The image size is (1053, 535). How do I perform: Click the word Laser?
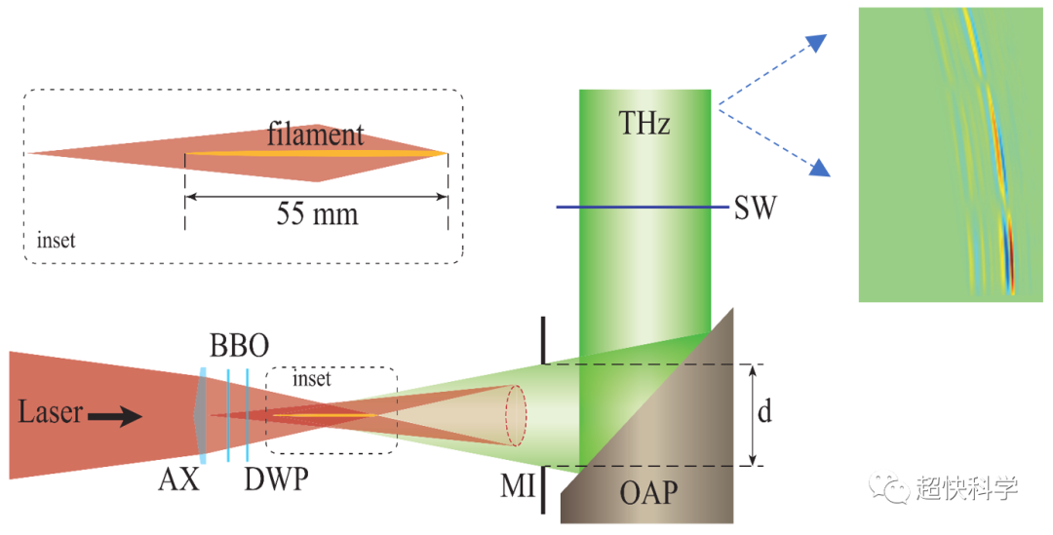pyautogui.click(x=50, y=413)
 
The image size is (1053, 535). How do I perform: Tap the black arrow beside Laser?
pyautogui.click(x=115, y=416)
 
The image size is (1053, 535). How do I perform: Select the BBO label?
pyautogui.click(x=239, y=347)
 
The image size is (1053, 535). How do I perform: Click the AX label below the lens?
pyautogui.click(x=178, y=479)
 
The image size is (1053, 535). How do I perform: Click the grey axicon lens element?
pyautogui.click(x=200, y=413)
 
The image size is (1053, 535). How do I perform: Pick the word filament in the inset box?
pyautogui.click(x=316, y=134)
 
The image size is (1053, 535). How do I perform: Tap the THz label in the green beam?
pyautogui.click(x=644, y=123)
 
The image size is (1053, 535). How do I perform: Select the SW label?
pyautogui.click(x=754, y=208)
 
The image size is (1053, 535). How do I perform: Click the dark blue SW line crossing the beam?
pyautogui.click(x=643, y=207)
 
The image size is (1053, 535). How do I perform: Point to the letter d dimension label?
pyautogui.click(x=764, y=412)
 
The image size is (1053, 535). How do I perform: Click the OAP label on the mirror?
pyautogui.click(x=647, y=493)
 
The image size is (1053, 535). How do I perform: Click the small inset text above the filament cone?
pyautogui.click(x=312, y=378)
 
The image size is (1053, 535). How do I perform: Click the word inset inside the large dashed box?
pyautogui.click(x=56, y=239)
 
